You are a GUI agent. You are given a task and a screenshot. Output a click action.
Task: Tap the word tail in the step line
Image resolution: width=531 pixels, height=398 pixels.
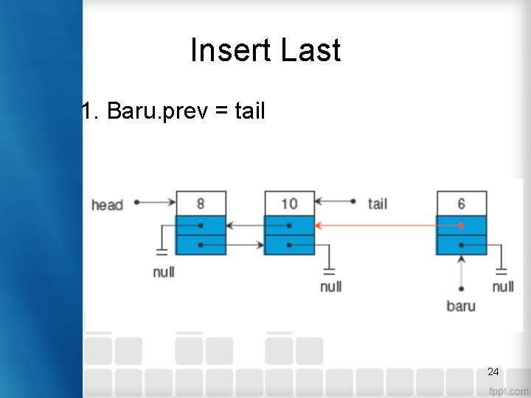coord(249,111)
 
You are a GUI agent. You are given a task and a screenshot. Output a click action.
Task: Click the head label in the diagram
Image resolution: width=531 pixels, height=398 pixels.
coord(107,204)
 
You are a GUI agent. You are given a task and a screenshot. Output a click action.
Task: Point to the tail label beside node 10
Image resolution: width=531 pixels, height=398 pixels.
coord(377,203)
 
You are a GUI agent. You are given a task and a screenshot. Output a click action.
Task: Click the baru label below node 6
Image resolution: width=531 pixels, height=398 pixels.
coord(461,305)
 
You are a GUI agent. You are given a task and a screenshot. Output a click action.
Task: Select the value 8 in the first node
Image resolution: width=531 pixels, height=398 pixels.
coord(201,203)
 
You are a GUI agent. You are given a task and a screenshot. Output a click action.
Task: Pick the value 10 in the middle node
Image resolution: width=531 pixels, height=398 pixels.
coord(289,203)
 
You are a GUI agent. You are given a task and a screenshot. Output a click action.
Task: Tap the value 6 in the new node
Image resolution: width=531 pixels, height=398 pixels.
coord(461,203)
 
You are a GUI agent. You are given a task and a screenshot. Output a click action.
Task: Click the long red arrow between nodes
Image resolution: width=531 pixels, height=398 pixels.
coord(376,226)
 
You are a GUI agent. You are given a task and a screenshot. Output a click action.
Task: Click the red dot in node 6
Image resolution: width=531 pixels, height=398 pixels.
coord(461,226)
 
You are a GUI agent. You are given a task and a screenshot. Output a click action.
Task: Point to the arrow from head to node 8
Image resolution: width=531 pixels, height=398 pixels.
coord(156,201)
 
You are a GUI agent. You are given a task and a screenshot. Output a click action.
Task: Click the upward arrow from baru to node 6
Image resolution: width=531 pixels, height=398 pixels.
coord(461,273)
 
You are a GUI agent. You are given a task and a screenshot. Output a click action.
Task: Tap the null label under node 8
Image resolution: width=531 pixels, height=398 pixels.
coord(163,272)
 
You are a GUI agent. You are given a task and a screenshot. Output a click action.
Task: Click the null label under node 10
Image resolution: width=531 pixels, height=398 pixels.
coord(330,285)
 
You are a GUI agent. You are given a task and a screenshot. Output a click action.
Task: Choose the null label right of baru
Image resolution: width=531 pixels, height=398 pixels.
coord(503,285)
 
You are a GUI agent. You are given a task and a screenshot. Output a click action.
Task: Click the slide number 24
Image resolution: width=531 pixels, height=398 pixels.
coord(493,371)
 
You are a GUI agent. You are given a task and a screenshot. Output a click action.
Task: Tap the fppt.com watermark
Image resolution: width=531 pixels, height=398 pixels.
coord(508,390)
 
